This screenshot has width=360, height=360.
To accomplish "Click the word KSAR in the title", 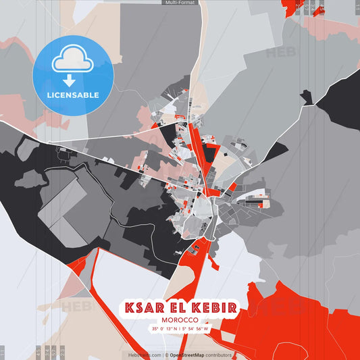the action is [145, 308].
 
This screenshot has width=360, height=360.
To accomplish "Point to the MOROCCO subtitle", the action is [180, 319].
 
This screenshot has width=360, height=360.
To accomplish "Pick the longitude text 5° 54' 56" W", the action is [197, 329].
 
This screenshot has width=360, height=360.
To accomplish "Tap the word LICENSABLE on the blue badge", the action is [72, 95].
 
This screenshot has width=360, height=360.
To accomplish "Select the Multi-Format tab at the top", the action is [180, 3].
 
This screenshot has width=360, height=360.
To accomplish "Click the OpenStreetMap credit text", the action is [191, 355].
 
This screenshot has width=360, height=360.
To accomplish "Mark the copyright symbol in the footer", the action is [166, 355].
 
